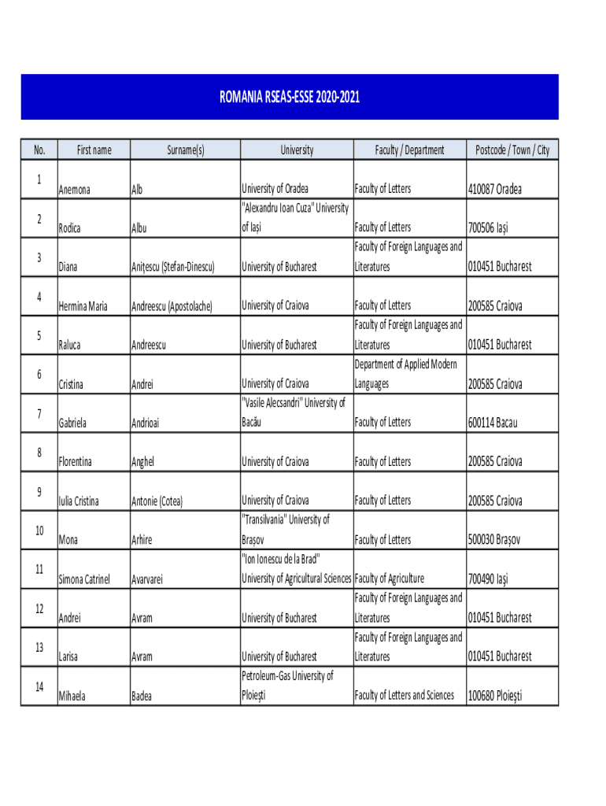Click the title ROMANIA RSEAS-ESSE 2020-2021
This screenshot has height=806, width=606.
290,98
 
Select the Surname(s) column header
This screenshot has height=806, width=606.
185,150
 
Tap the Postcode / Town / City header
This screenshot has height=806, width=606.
512,150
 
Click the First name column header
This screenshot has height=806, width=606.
94,150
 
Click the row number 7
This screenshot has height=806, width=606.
39,413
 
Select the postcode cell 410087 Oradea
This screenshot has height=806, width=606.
495,189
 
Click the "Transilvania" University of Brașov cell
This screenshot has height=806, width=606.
285,530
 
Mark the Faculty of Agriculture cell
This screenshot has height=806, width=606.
390,579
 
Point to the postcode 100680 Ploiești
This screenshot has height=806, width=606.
496,696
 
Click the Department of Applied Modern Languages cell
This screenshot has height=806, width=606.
405,374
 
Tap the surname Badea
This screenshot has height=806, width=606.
142,696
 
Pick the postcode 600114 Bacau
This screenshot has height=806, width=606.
493,423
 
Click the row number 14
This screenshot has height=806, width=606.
39,686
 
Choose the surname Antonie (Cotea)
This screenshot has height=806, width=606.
157,501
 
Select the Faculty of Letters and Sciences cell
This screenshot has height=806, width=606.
404,696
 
